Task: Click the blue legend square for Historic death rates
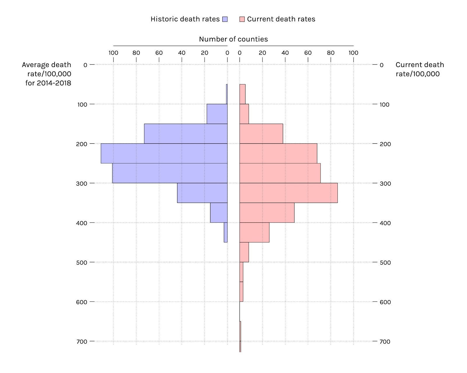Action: [225, 19]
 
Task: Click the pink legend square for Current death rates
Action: [242, 19]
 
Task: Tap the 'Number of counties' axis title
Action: [233, 39]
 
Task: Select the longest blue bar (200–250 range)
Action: [164, 153]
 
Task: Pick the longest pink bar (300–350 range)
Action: [288, 193]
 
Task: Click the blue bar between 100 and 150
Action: [217, 114]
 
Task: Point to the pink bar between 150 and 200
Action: [261, 134]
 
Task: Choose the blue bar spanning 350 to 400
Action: [219, 213]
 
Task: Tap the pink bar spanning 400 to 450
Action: [254, 232]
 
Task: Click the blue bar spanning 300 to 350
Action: [202, 193]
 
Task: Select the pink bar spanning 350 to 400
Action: [267, 213]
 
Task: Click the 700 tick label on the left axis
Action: [82, 342]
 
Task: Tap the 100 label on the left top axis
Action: [113, 53]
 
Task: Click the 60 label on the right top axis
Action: [308, 53]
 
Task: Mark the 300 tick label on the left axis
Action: [82, 183]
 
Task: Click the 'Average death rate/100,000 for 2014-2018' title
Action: [47, 74]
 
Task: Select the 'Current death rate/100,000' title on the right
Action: [419, 69]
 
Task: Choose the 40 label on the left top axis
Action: [182, 53]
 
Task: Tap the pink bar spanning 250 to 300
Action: [280, 173]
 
